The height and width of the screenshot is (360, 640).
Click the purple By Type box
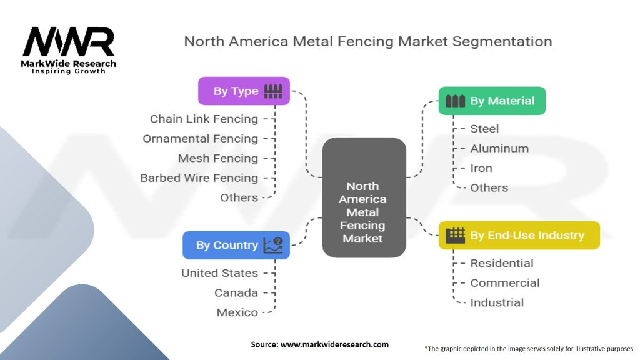[x=244, y=91]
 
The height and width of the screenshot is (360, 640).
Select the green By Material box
[x=492, y=101]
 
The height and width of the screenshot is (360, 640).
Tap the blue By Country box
[x=236, y=245]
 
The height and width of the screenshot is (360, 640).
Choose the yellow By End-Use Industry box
[x=519, y=235]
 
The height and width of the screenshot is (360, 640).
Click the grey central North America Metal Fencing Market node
[x=364, y=197]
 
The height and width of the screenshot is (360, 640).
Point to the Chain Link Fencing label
[x=204, y=119]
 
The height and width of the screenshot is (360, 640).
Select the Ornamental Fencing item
[x=201, y=138]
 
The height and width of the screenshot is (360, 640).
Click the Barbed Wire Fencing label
[x=199, y=178]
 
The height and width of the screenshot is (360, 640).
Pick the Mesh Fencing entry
[x=218, y=158]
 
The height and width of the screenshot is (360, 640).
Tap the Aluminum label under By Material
[x=499, y=148]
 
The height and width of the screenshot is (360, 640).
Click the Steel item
[x=484, y=129]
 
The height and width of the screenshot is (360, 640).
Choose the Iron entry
[x=481, y=167]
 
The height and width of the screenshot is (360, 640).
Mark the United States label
[x=219, y=273]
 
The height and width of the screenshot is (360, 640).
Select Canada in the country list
[x=236, y=292]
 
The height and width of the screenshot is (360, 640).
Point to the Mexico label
[x=237, y=312]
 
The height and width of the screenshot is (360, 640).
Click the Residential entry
[x=502, y=263]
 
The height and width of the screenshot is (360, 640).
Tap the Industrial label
[x=497, y=302]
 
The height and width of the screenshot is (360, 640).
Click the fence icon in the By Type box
[x=273, y=91]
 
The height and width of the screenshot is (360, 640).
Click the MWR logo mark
[x=69, y=41]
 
